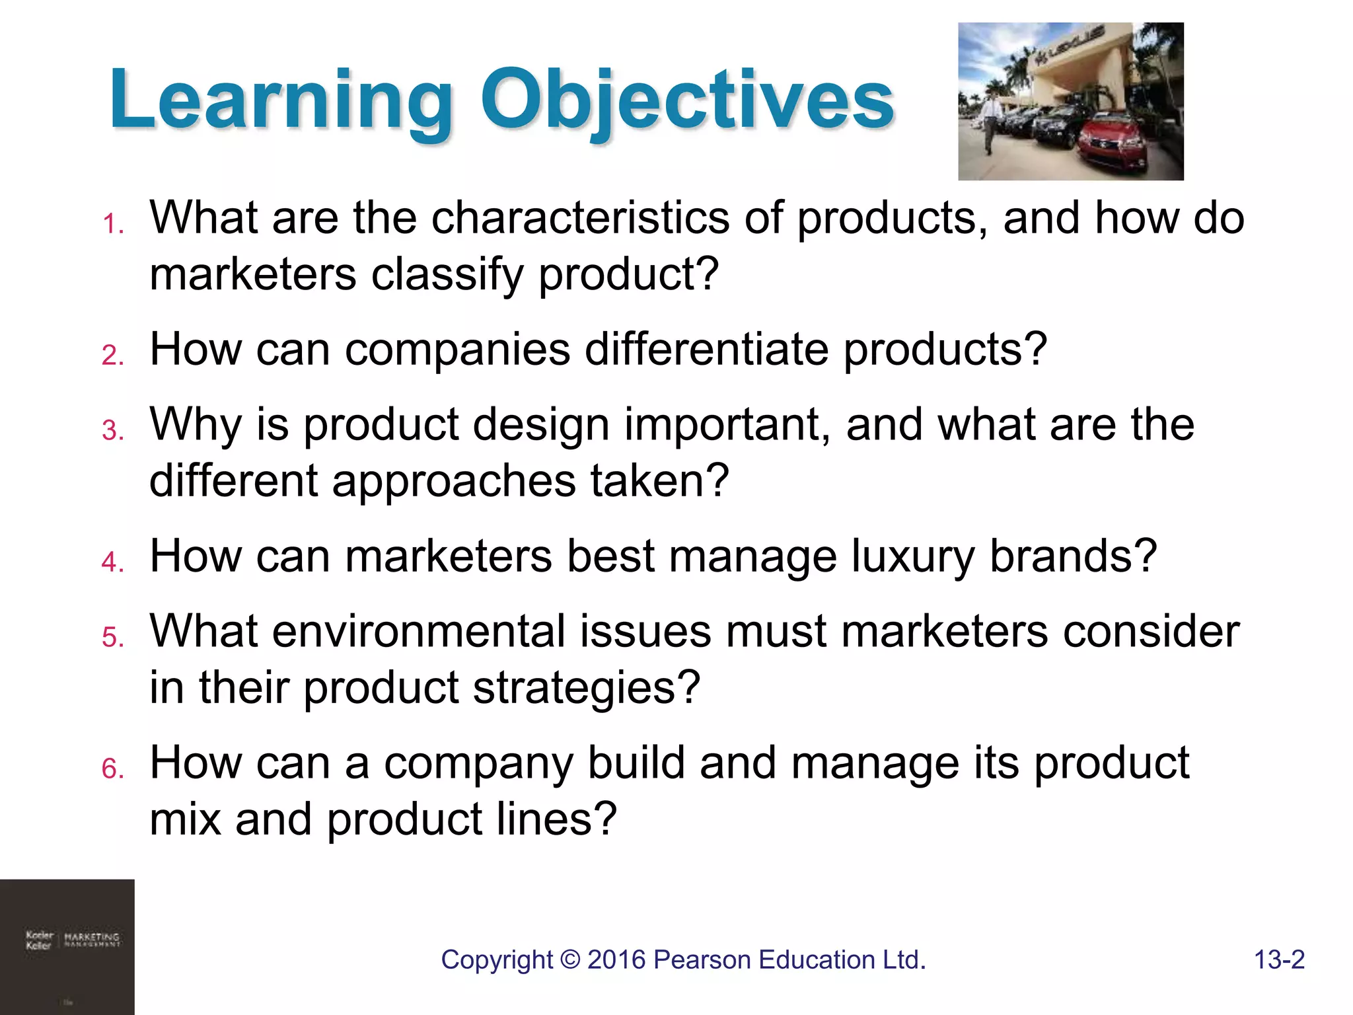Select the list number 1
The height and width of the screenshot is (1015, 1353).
(113, 225)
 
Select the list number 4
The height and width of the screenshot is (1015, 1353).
(113, 562)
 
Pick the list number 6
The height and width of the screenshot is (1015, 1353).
(113, 769)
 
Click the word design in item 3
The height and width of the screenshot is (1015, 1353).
(541, 424)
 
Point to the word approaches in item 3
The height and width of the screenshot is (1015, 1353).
(453, 480)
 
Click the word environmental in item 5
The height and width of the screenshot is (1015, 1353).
(419, 631)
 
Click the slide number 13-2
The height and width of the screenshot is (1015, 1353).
(1279, 959)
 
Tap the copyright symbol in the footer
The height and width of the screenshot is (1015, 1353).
(569, 960)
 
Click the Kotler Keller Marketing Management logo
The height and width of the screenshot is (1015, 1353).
(72, 940)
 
